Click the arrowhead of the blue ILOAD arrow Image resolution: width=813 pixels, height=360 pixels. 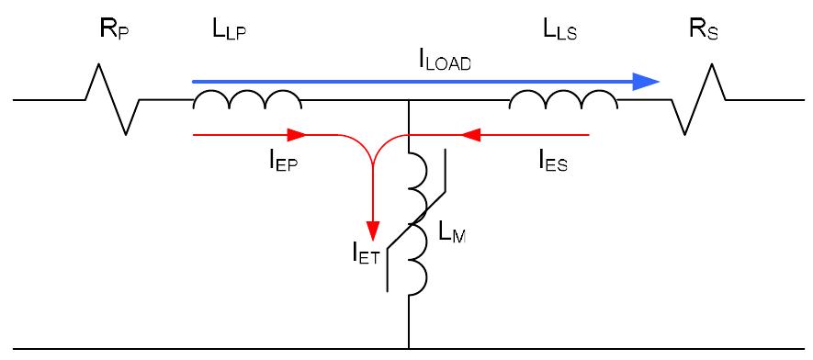tap(648, 82)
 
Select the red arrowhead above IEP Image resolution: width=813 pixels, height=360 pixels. tap(296, 135)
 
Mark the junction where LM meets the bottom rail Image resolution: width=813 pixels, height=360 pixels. tap(408, 349)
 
